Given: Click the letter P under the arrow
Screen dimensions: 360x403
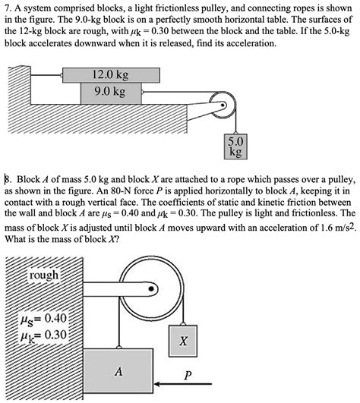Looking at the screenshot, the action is tap(187, 375).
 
